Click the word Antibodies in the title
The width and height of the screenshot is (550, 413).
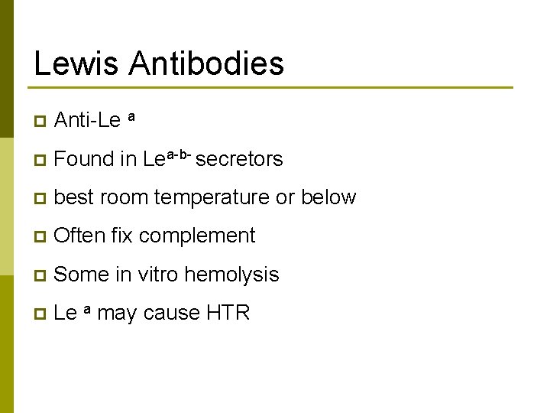206,63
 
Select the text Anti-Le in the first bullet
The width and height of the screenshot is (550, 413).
88,120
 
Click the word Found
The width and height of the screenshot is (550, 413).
84,159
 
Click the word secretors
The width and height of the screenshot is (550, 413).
239,159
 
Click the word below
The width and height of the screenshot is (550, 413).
328,197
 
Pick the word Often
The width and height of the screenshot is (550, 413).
80,236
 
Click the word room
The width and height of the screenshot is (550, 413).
124,197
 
